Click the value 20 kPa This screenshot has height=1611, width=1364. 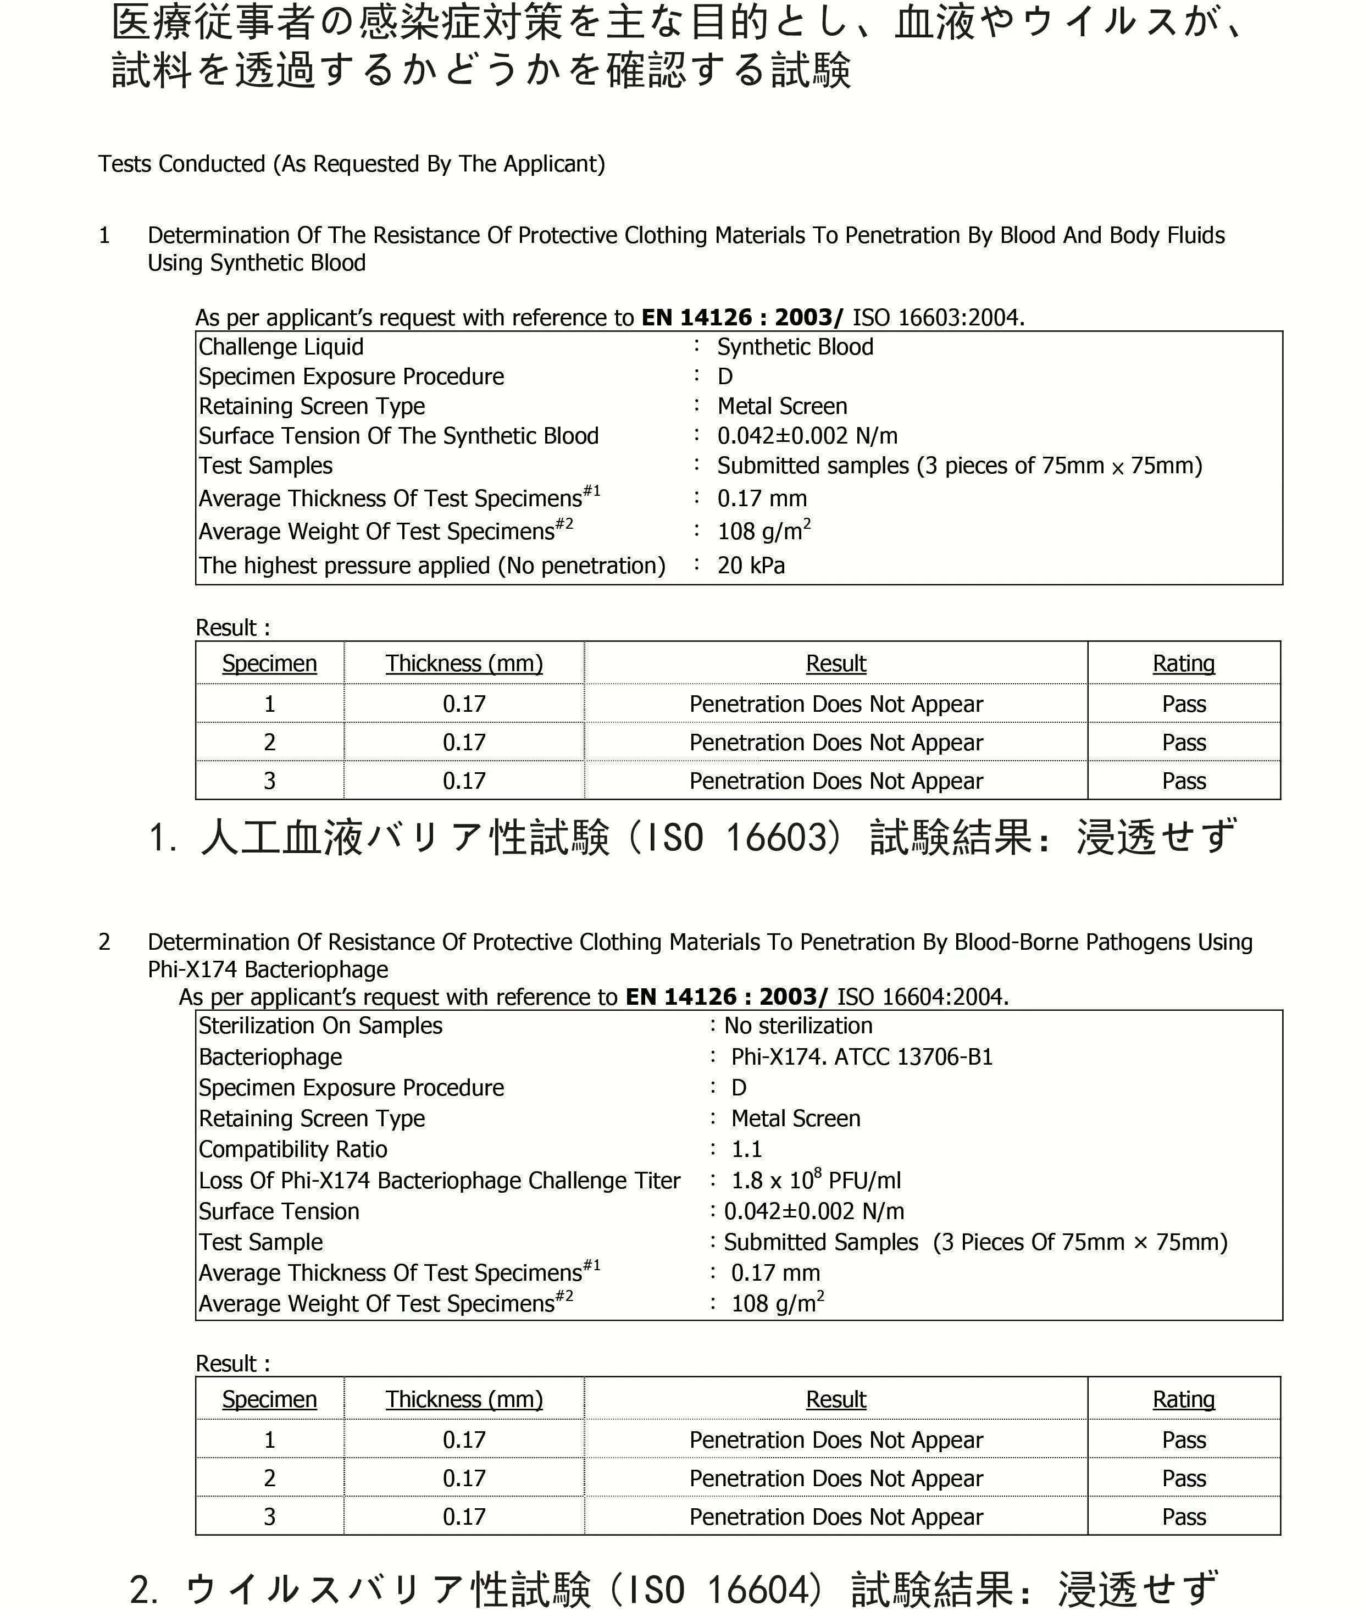pyautogui.click(x=750, y=566)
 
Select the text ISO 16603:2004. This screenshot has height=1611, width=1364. pyautogui.click(x=938, y=318)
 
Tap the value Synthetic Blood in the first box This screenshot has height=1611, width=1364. pyautogui.click(x=795, y=347)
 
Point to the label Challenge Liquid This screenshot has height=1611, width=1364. pyautogui.click(x=281, y=347)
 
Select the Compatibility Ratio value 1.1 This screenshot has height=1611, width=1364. pyautogui.click(x=746, y=1149)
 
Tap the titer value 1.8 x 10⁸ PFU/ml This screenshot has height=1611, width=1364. pyautogui.click(x=816, y=1180)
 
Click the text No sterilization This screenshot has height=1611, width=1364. pyautogui.click(x=798, y=1026)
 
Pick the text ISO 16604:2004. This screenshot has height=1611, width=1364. pyautogui.click(x=923, y=997)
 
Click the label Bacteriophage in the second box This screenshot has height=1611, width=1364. pyautogui.click(x=270, y=1058)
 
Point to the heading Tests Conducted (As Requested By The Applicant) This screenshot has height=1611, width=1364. pyautogui.click(x=351, y=164)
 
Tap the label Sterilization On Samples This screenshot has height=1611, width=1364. pyautogui.click(x=320, y=1026)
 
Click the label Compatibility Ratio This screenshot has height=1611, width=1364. pyautogui.click(x=292, y=1150)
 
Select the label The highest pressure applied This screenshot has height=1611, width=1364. pyautogui.click(x=431, y=566)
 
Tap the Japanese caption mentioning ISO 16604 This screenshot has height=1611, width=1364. pyautogui.click(x=673, y=1590)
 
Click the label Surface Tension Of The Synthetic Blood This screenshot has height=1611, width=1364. pyautogui.click(x=398, y=436)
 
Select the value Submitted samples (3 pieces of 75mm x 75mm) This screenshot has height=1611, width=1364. pyautogui.click(x=960, y=466)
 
